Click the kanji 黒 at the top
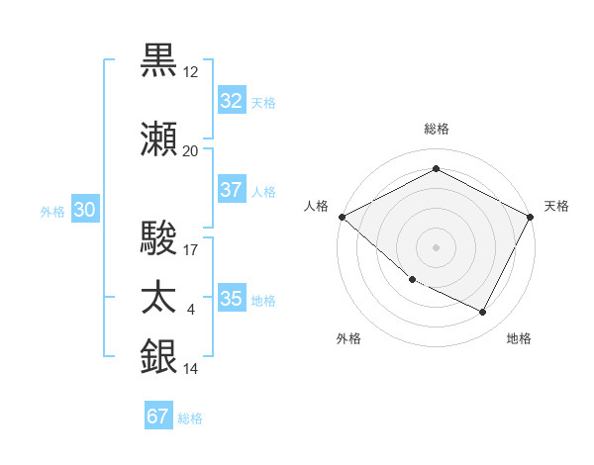[x=159, y=61]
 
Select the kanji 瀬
[x=159, y=140]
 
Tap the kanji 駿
[x=159, y=238]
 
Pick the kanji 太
[x=159, y=298]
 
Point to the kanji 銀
[x=159, y=357]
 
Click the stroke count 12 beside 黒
[x=191, y=72]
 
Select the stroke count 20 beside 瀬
[x=191, y=151]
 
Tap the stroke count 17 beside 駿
[x=191, y=250]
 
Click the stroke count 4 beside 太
[x=191, y=310]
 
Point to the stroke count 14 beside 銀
[x=191, y=369]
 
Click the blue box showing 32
[x=231, y=101]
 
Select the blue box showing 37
[x=231, y=190]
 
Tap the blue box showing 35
[x=231, y=299]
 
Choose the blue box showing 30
[x=84, y=210]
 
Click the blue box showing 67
[x=158, y=417]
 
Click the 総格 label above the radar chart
[x=437, y=129]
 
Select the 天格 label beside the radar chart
[x=556, y=206]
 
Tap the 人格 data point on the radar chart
[x=342, y=217]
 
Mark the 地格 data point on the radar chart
[x=483, y=313]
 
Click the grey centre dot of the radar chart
[x=437, y=246]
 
